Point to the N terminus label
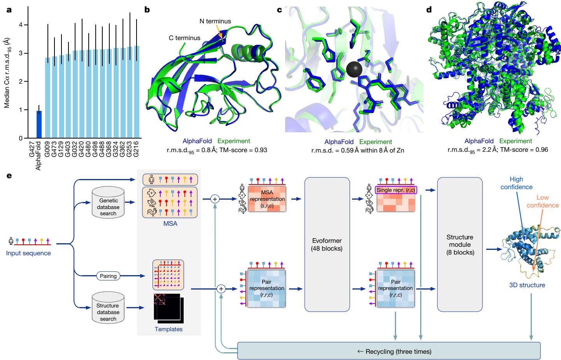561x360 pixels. click(215, 21)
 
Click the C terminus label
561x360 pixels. click(184, 38)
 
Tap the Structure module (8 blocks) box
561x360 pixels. click(460, 244)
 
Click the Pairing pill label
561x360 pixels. click(108, 276)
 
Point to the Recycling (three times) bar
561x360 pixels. click(389, 351)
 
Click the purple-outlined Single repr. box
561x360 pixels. click(396, 190)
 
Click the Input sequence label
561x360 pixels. click(28, 253)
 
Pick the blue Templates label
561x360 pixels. click(168, 329)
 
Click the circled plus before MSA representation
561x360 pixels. click(215, 199)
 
